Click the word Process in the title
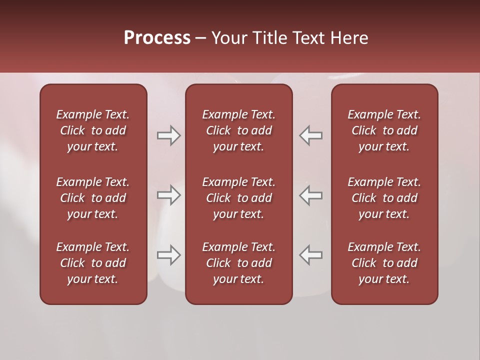157,38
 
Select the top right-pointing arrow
168,135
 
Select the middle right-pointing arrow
168,195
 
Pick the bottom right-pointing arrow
168,254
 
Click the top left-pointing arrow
310,135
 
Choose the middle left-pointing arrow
310,195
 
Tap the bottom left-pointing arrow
310,254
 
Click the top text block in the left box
93,130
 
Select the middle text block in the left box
93,198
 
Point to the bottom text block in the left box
93,263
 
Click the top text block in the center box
238,130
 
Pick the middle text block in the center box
238,198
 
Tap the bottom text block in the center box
238,263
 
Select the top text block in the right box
384,130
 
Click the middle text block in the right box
384,198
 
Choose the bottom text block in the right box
384,263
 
